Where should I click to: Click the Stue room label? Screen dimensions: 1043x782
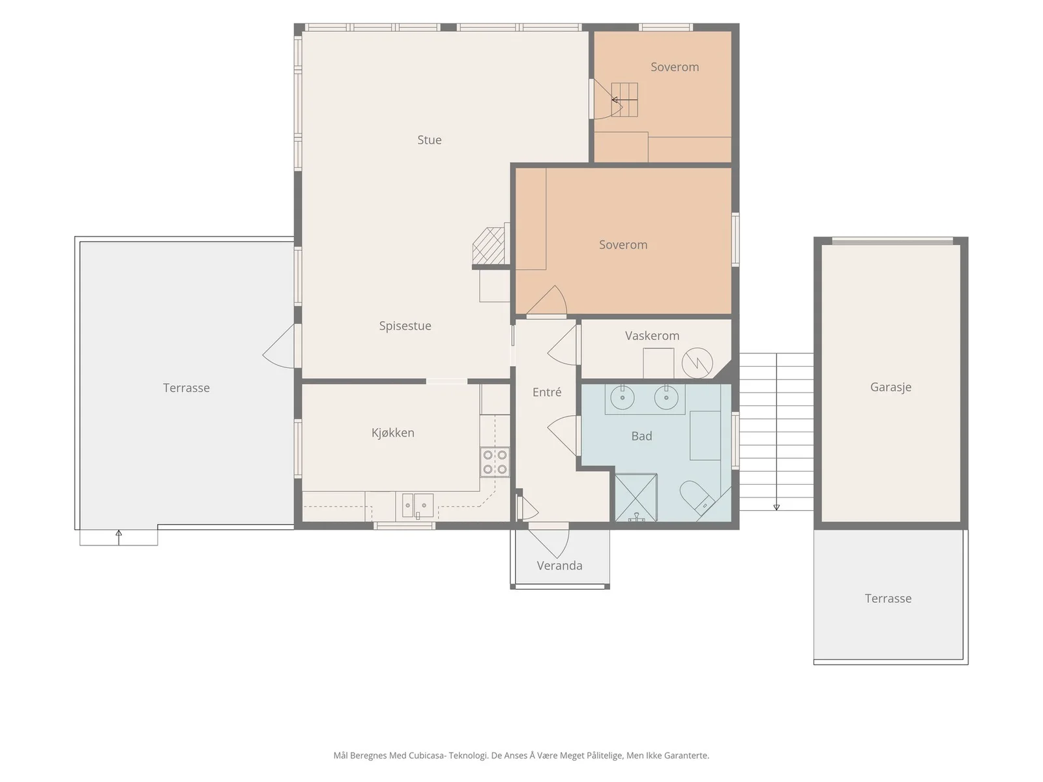(429, 140)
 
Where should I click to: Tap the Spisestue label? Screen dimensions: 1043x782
(405, 326)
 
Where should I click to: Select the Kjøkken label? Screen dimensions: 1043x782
(392, 433)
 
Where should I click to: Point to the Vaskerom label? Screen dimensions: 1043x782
(652, 336)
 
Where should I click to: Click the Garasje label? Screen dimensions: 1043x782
(890, 388)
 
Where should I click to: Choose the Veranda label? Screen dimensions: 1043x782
(559, 566)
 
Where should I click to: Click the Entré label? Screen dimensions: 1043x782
(546, 392)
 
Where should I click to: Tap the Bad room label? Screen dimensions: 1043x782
(641, 436)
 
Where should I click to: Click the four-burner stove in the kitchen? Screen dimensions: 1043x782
(495, 462)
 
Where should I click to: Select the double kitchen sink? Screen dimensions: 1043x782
(417, 505)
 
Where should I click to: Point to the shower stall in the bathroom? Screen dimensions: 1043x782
(636, 497)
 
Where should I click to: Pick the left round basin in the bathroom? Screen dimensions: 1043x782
(622, 398)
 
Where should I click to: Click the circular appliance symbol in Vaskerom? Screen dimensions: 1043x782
(697, 363)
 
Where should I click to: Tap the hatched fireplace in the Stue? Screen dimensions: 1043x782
(488, 246)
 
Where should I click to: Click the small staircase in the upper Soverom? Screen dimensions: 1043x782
(624, 100)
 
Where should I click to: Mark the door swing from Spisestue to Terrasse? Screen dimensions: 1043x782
(278, 347)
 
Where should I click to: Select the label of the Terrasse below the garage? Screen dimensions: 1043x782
(888, 598)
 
